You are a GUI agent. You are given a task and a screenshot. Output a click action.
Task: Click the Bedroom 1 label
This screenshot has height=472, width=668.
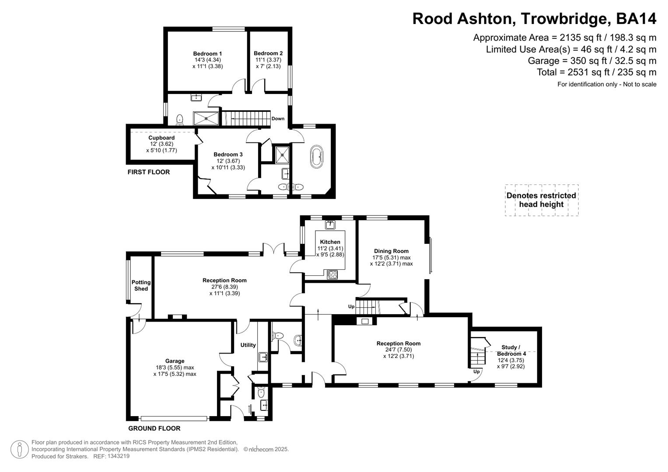[207, 54]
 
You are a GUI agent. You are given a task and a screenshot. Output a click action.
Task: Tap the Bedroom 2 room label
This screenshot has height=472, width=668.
[268, 53]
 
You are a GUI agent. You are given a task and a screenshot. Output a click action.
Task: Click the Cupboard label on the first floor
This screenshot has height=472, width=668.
[161, 138]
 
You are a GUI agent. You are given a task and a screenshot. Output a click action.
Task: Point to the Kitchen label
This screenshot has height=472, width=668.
[330, 242]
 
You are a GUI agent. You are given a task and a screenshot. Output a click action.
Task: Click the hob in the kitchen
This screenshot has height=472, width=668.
[332, 274]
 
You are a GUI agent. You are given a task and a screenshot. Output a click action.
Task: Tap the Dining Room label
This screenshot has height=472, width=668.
[391, 251]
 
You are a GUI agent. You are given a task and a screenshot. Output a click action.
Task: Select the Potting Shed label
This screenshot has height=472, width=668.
[141, 285]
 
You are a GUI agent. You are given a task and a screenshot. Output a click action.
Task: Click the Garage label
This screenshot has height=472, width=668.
[175, 361]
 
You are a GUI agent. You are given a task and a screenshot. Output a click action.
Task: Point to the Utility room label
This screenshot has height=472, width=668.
[248, 345]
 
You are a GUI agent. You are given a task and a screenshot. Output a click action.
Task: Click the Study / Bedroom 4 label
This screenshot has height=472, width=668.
[511, 351]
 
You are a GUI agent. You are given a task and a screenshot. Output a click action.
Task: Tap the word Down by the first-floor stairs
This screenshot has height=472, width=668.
[278, 118]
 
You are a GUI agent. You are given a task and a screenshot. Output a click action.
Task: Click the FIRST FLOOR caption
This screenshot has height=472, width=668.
[149, 172]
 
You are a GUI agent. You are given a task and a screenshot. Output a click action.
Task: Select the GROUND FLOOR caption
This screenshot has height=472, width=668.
[154, 428]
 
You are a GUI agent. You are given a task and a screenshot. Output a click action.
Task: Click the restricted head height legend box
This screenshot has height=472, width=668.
[541, 200]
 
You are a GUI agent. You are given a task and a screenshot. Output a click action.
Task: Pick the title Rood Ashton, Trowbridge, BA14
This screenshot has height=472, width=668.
[534, 19]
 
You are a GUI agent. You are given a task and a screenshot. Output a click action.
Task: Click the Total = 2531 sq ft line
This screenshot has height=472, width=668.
[596, 72]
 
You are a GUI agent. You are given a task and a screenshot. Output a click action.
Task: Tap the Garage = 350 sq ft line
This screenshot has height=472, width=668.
[592, 61]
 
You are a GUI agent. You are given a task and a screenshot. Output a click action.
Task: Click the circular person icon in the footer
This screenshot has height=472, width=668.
[19, 449]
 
